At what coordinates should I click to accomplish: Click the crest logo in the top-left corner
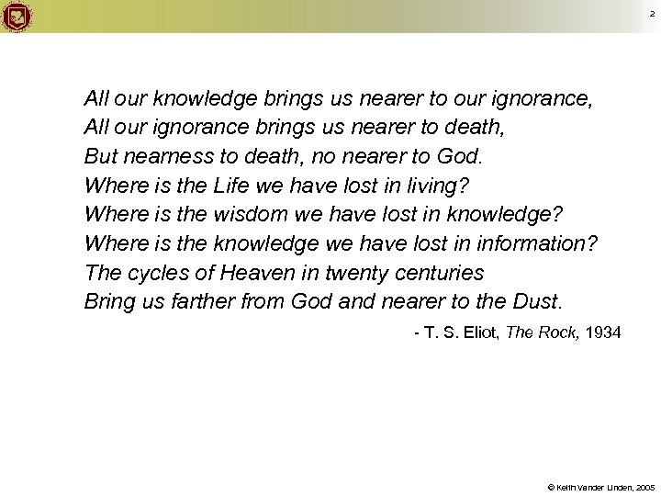coord(17,16)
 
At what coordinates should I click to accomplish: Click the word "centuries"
coord(437,273)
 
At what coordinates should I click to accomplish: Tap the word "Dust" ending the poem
coord(545,302)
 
